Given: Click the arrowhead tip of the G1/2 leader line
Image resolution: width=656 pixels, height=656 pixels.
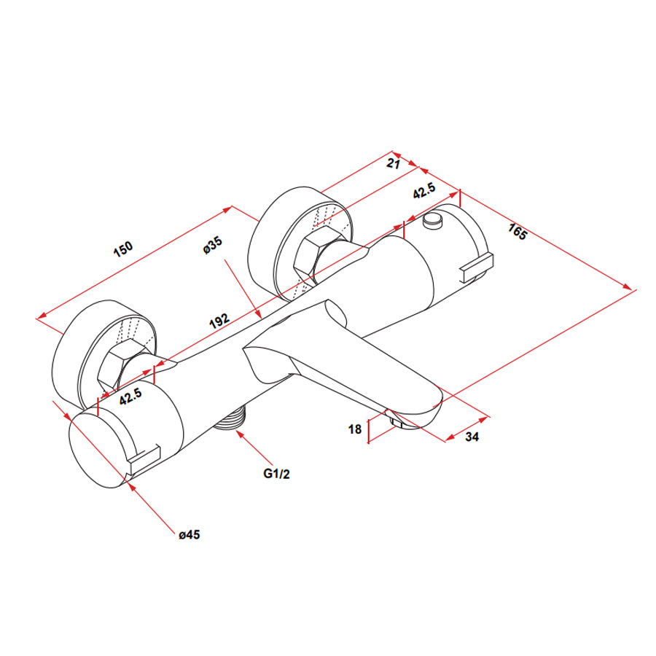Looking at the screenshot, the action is tap(237, 431).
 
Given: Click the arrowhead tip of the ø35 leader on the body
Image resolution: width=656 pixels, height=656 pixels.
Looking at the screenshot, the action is tap(262, 319).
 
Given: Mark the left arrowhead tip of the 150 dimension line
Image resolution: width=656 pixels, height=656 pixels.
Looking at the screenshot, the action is tap(37, 319).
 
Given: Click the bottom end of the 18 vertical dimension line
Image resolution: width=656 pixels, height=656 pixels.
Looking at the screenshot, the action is tap(368, 442).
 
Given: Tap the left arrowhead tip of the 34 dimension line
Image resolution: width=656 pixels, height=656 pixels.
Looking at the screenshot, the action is tap(446, 440).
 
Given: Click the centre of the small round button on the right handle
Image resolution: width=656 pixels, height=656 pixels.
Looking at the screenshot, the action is tap(432, 219).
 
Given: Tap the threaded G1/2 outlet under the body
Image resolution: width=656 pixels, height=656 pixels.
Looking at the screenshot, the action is tap(230, 418).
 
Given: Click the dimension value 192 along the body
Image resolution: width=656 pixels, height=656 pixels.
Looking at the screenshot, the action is tap(219, 320).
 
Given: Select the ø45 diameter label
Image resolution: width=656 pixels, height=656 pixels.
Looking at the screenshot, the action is tap(190, 535).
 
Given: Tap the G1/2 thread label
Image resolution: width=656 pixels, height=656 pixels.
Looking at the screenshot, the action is tap(276, 474).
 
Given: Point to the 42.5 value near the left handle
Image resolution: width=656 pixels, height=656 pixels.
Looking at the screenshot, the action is tap(130, 397).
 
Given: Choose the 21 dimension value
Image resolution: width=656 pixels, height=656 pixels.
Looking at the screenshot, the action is tap(394, 163).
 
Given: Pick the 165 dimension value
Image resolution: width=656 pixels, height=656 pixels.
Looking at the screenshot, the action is tap(518, 231).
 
